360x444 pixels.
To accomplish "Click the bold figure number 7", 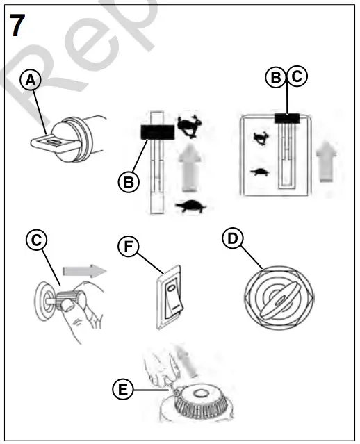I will click(x=18, y=26).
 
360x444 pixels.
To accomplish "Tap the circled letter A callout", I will click(x=31, y=81).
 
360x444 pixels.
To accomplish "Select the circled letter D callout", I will click(x=232, y=238).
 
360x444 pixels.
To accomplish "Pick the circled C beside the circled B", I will click(x=297, y=78).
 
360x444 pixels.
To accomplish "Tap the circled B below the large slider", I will click(x=128, y=182).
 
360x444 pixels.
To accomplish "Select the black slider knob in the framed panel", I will click(x=286, y=119).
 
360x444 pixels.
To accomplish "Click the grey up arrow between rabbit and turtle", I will click(x=187, y=166).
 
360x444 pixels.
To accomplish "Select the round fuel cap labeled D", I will click(x=277, y=295).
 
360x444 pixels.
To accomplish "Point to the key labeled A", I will click(x=54, y=142).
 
